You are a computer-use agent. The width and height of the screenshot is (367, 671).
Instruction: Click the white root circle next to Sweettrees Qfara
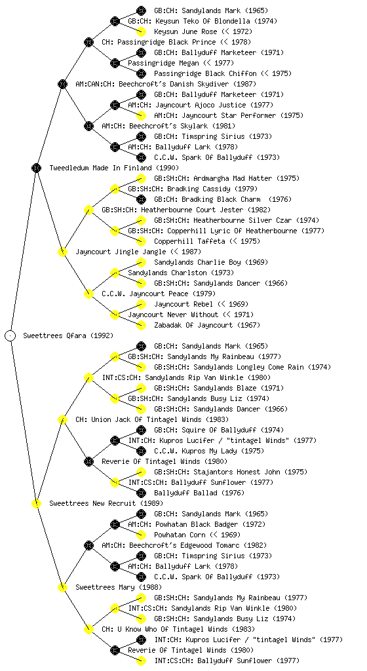coord(10,335)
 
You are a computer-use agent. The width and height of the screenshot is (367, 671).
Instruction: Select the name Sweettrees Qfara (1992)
coord(68,335)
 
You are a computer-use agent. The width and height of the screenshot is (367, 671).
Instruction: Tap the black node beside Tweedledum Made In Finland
coord(36,168)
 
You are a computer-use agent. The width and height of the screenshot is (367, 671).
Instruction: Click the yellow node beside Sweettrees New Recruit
coord(36,503)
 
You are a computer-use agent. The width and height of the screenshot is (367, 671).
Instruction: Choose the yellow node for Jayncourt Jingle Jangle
coord(62,252)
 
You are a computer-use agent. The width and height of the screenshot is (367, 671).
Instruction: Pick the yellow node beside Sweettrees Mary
coord(62,587)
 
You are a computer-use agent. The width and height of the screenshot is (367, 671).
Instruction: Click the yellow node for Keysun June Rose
coord(141,31)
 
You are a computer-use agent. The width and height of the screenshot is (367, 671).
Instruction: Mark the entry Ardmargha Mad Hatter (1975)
coord(227,178)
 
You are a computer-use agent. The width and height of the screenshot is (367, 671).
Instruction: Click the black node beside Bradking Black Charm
coord(141,199)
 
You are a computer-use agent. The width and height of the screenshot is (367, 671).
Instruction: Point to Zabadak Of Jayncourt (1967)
coord(207,325)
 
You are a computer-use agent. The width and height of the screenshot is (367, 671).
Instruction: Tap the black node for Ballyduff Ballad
coord(141,493)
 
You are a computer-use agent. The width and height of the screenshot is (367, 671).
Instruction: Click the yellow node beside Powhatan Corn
coord(141,535)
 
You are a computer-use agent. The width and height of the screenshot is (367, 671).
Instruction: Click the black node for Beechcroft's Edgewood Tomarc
coord(88,545)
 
